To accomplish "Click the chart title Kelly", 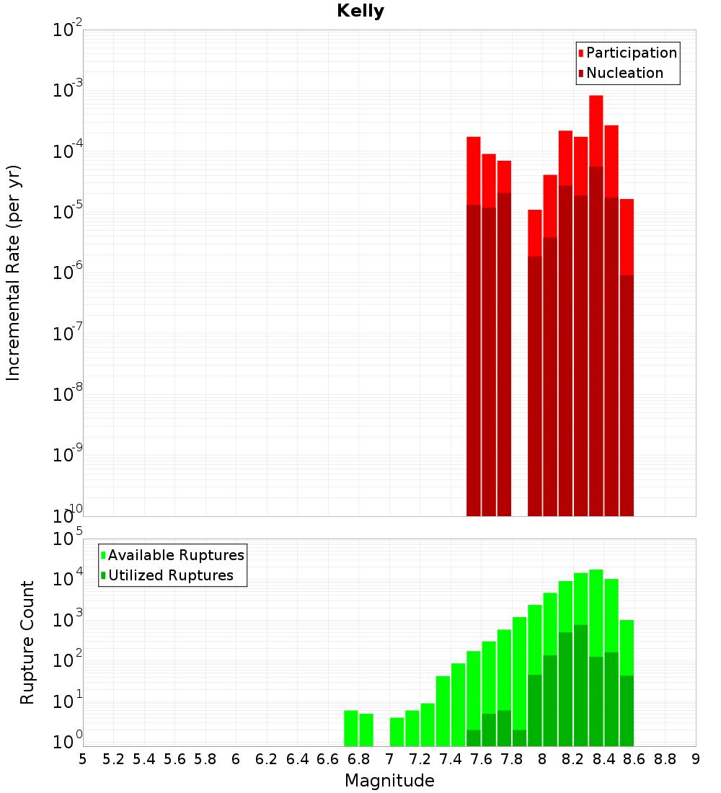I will (x=360, y=12).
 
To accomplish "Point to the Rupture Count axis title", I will (x=27, y=642).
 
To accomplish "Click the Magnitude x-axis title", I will (x=389, y=781).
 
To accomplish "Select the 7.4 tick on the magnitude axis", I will (x=451, y=759).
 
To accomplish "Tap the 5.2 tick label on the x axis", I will (x=113, y=759).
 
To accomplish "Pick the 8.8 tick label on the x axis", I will (x=665, y=759).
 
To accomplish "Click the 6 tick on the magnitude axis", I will (x=236, y=759).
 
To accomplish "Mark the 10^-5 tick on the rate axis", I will (x=67, y=211).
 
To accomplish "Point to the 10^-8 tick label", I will (x=67, y=394).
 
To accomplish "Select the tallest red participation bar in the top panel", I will (x=596, y=130).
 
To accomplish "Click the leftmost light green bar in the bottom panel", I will (x=351, y=728).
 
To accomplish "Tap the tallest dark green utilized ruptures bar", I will (x=581, y=685).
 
